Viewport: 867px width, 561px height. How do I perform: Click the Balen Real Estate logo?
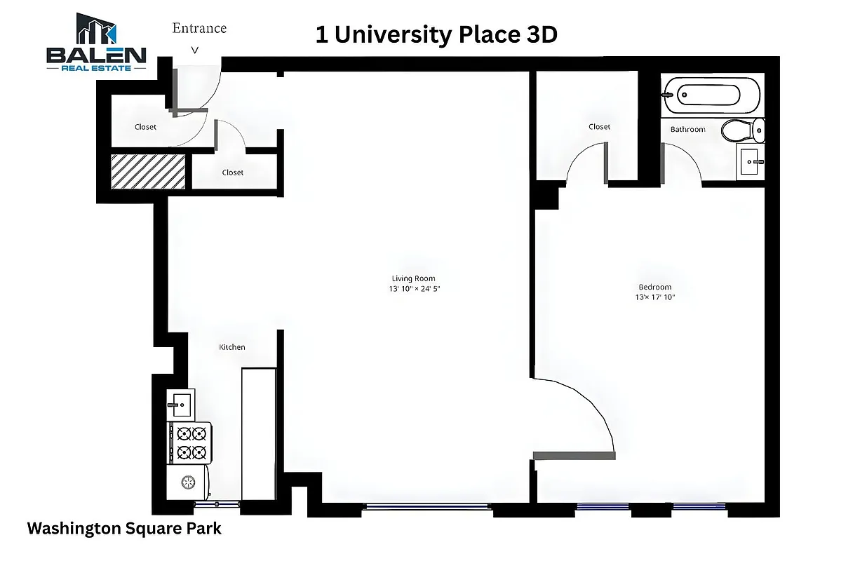tap(96, 42)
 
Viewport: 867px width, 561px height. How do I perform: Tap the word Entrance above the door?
tap(199, 28)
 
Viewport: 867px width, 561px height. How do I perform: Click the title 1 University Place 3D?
tap(436, 35)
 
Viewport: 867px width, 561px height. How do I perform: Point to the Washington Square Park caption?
tap(124, 529)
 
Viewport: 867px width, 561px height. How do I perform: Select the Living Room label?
tap(413, 278)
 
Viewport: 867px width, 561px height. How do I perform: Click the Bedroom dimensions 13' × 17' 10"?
tap(654, 297)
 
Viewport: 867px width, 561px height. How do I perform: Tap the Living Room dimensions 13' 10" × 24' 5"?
tap(413, 288)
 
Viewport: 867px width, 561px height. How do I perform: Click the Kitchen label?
tap(232, 347)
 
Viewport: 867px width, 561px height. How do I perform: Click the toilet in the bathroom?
tap(743, 130)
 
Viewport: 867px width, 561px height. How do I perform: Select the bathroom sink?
tap(750, 162)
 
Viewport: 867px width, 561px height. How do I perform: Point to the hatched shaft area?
tap(148, 172)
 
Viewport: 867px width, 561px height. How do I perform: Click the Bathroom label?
tap(687, 129)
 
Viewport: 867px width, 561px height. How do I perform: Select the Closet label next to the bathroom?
tap(599, 127)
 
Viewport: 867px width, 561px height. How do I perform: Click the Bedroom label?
tap(654, 287)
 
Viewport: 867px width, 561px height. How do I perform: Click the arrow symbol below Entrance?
tap(195, 50)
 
